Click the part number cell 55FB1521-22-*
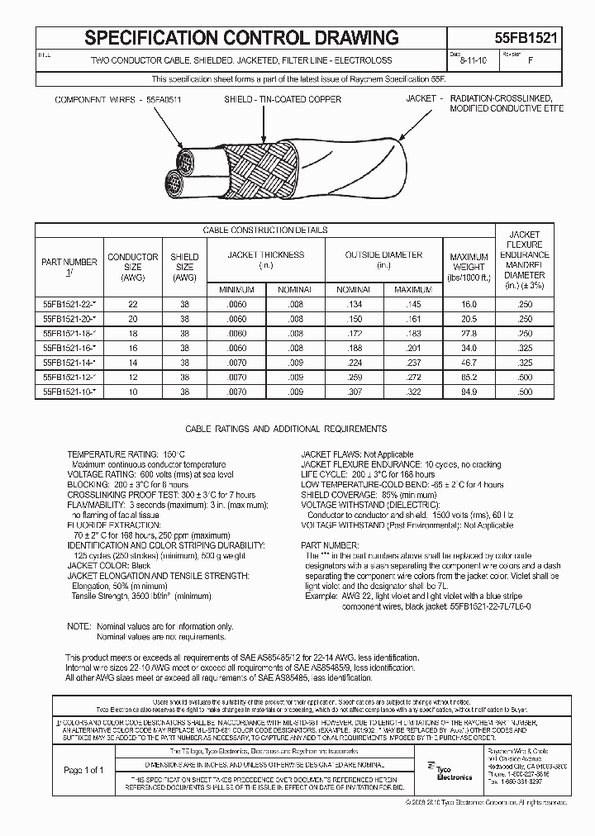(69, 305)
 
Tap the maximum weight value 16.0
(469, 305)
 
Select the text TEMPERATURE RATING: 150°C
(126, 455)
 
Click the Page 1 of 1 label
(83, 770)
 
